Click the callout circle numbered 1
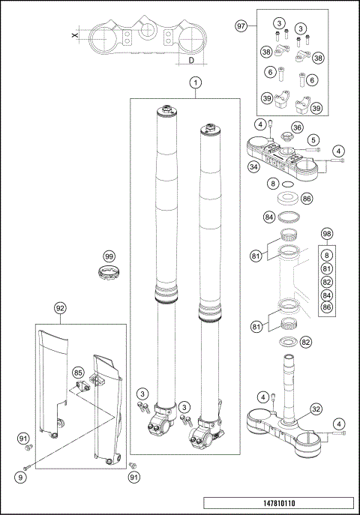(x=194, y=82)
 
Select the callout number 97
(x=241, y=26)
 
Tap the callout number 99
(x=109, y=256)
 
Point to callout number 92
(x=61, y=307)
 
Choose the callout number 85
(x=77, y=372)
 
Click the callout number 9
(x=22, y=476)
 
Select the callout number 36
(x=297, y=127)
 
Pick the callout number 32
(x=316, y=409)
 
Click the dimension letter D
(x=191, y=58)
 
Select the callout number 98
(x=326, y=234)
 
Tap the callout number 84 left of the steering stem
(x=268, y=217)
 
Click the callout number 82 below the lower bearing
(x=306, y=342)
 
